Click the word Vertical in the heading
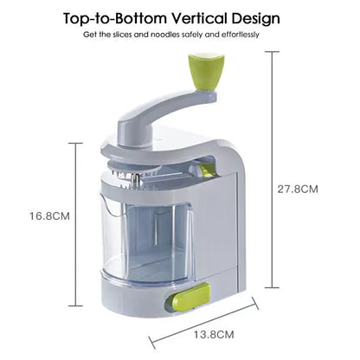tap(200, 19)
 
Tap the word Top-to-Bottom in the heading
tap(115, 19)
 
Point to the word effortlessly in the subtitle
tap(240, 35)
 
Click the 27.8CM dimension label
tap(298, 190)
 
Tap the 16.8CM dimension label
tap(49, 215)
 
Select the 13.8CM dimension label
tap(214, 335)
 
